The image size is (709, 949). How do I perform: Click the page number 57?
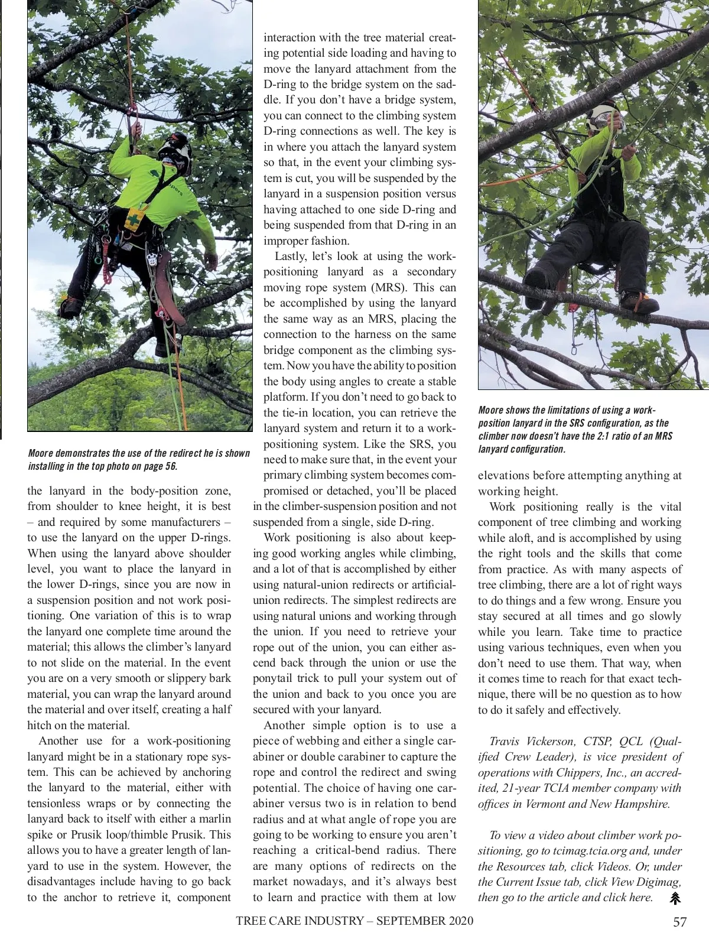[680, 922]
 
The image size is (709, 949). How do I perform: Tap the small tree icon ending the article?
[675, 898]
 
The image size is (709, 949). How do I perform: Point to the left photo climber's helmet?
[175, 152]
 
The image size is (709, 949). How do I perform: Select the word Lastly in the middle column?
[290, 256]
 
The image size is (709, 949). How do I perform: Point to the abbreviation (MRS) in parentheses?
[387, 288]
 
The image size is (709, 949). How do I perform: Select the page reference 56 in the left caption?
[171, 466]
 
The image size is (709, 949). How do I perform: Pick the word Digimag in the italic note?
[658, 882]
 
